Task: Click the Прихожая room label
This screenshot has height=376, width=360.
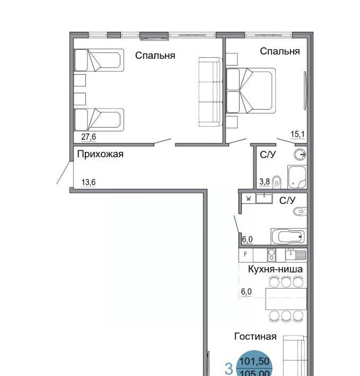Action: (x=100, y=154)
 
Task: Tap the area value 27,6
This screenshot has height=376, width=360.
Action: (x=89, y=137)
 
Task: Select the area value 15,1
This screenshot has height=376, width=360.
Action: (x=297, y=135)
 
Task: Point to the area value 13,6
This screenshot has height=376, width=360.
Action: (x=89, y=182)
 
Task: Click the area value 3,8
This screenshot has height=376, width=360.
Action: (x=265, y=182)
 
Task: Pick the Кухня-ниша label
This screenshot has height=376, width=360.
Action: (x=275, y=269)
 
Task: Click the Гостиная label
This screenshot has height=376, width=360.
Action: (x=256, y=336)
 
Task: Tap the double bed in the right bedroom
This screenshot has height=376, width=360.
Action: (x=251, y=91)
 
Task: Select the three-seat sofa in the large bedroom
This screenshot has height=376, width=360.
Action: (x=210, y=92)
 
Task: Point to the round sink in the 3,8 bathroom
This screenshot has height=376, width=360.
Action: (x=300, y=155)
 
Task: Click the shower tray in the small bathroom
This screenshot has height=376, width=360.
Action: (x=297, y=177)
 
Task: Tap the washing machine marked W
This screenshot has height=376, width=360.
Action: (x=249, y=199)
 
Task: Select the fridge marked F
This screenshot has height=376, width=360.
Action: (x=246, y=254)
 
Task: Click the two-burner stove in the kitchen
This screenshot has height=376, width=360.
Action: (x=271, y=255)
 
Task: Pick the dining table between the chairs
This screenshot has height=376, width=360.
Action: (x=286, y=299)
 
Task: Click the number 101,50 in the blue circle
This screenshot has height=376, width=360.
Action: (x=254, y=361)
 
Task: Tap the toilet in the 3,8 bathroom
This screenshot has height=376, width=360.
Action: (x=277, y=182)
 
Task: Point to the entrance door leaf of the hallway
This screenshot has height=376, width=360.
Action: (x=64, y=173)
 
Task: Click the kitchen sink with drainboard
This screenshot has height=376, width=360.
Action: (x=296, y=254)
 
